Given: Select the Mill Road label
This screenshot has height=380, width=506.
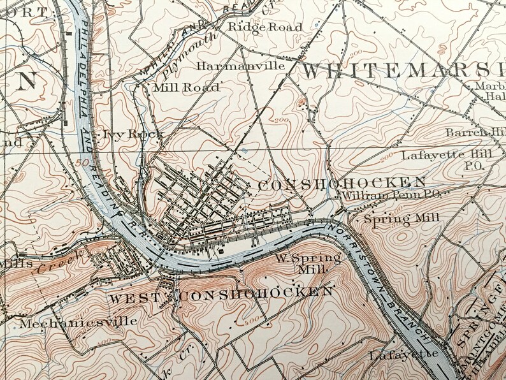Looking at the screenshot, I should tap(187, 87).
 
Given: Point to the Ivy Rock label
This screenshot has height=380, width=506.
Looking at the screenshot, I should tap(133, 134).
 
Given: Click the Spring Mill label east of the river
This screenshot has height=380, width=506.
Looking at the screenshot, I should tap(401, 218).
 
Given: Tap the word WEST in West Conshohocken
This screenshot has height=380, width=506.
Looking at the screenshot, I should tap(132, 298).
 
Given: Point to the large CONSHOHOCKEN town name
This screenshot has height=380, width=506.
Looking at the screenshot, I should tap(342, 184).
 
